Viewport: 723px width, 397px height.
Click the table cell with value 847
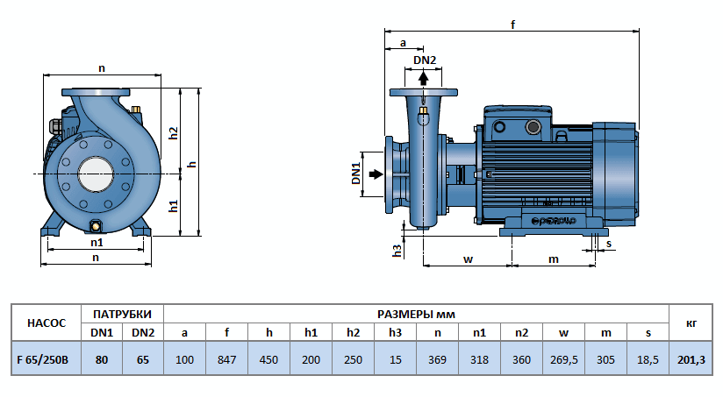[x=226, y=359]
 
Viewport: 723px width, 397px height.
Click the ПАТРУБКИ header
[x=122, y=313]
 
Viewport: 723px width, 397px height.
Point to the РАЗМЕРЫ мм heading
[x=416, y=313]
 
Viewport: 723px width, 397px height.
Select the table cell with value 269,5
[x=563, y=359]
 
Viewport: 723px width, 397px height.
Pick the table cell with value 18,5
[x=648, y=359]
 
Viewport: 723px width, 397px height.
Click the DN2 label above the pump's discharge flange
[x=425, y=60]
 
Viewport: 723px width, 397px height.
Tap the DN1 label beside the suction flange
[x=357, y=174]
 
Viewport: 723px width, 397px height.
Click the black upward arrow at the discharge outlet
[x=424, y=77]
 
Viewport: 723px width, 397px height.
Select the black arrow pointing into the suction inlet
[x=376, y=174]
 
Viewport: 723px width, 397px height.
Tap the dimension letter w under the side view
[x=468, y=259]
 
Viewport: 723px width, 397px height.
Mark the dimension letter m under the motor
[x=554, y=259]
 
